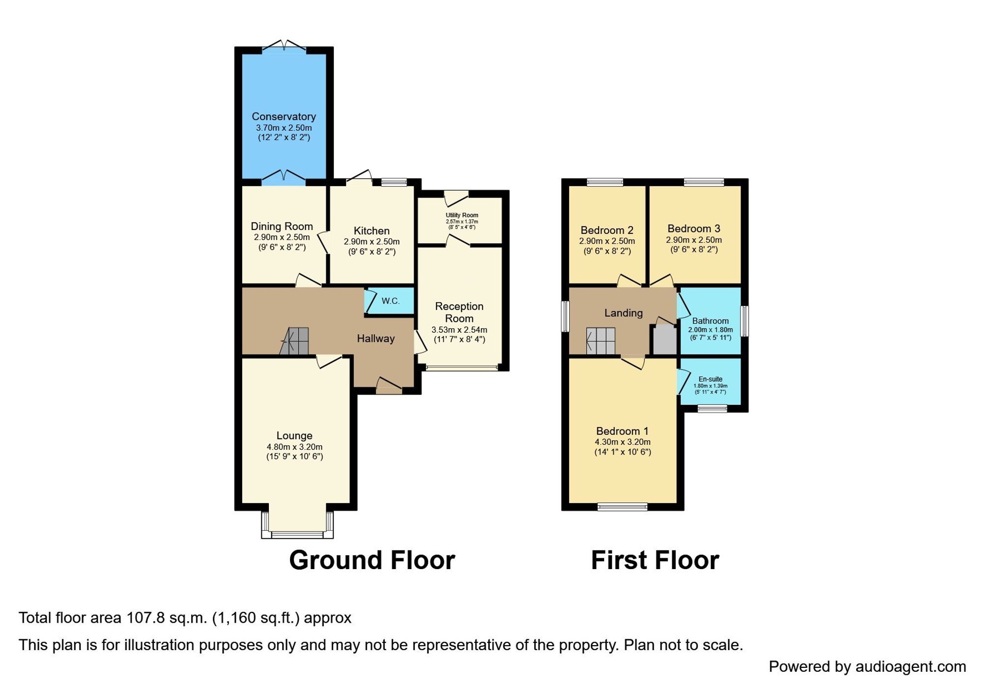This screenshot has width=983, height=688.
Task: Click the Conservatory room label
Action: [x=284, y=116]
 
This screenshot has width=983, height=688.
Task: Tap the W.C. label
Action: [x=390, y=301]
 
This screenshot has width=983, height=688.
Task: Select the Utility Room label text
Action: [x=462, y=215]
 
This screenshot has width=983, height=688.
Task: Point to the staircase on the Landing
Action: [x=601, y=341]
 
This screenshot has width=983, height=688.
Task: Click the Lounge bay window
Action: [x=297, y=534]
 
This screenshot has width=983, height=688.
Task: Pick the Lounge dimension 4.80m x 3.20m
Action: [x=294, y=447]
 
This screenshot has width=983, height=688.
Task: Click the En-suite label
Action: [x=710, y=379]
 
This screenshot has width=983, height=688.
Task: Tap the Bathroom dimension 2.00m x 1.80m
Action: [x=710, y=330]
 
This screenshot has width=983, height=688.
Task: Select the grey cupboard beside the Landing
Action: [x=665, y=340]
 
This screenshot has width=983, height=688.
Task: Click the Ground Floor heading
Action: [x=372, y=560]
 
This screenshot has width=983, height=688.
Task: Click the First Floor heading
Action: [x=655, y=560]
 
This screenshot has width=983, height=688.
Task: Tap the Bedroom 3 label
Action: [x=694, y=229]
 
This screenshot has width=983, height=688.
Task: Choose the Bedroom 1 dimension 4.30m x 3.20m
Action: [x=622, y=442]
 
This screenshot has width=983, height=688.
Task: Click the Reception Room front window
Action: [x=462, y=367]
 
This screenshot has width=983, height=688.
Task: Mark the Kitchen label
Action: [x=372, y=231]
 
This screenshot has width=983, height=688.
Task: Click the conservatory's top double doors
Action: [x=284, y=46]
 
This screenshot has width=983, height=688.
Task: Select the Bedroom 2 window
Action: [x=605, y=182]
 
